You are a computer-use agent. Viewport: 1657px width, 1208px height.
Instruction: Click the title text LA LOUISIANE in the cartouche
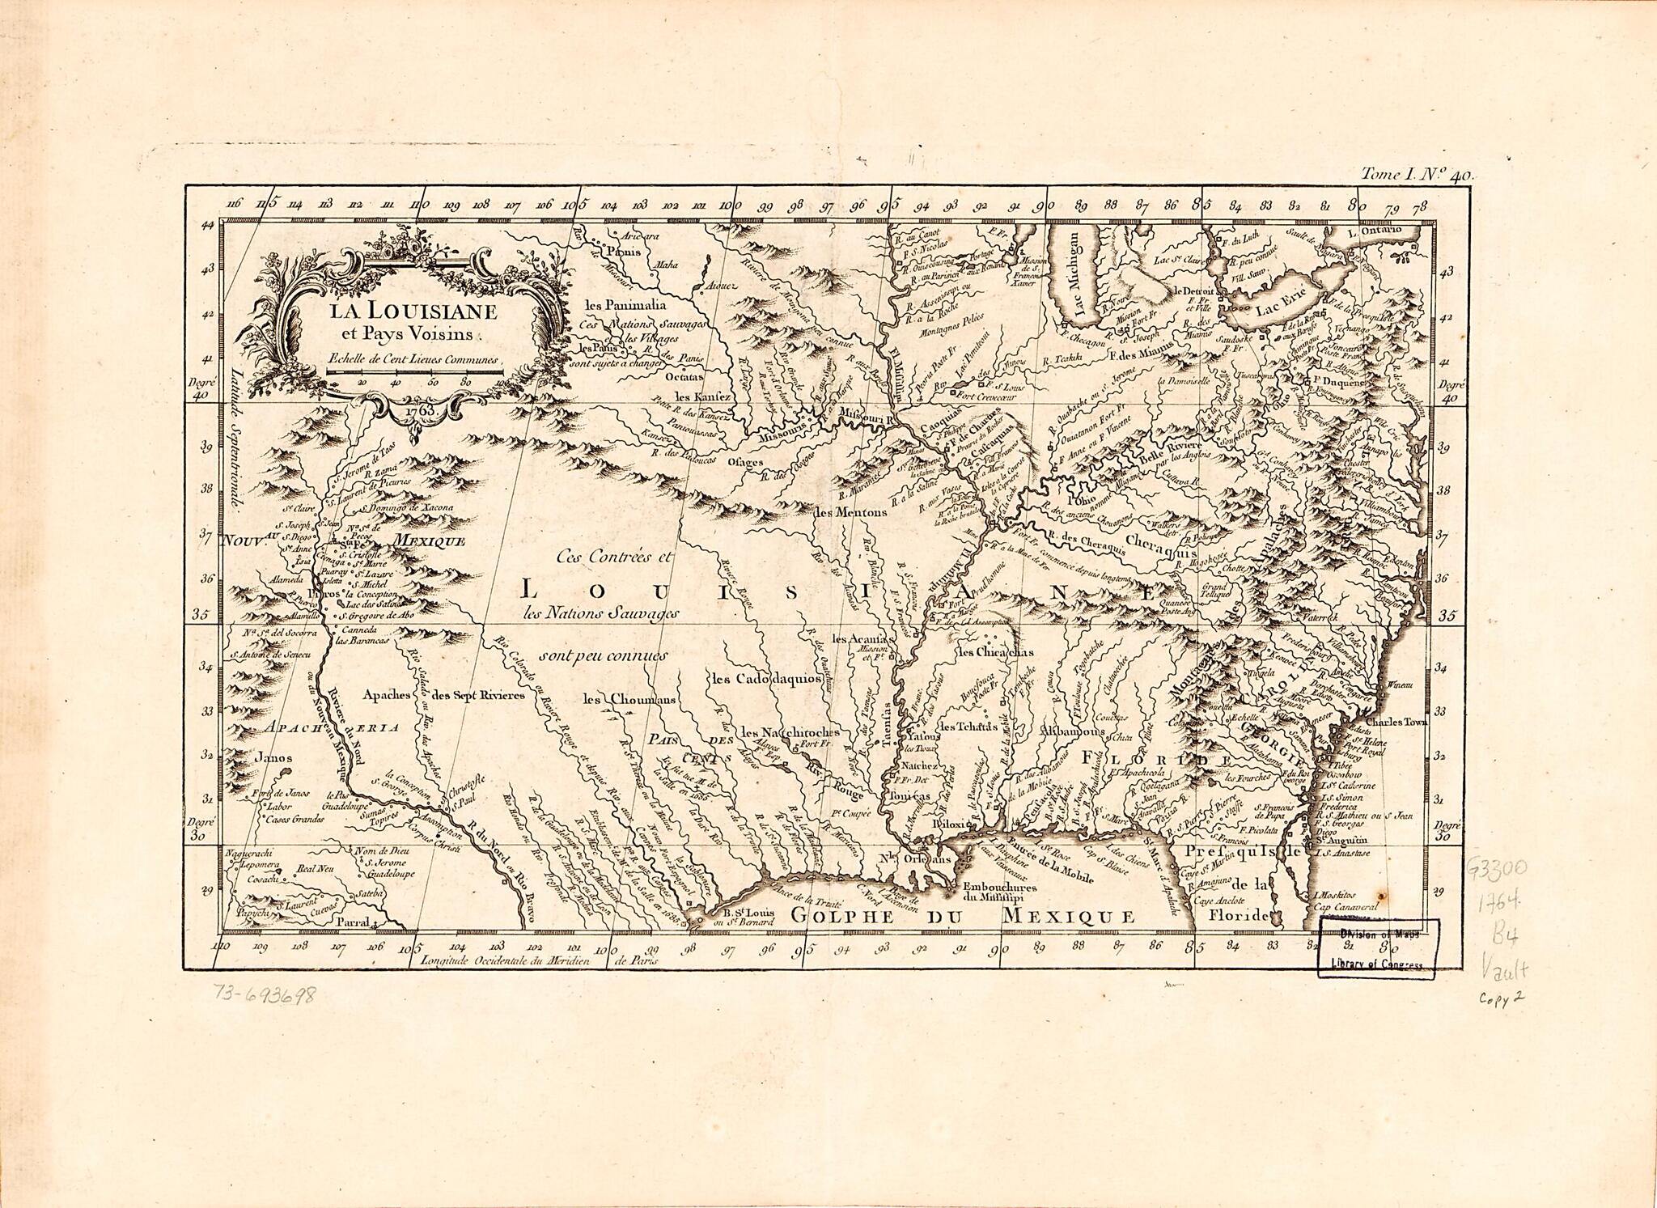(x=413, y=312)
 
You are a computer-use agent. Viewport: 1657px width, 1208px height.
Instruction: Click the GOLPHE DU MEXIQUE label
(x=963, y=917)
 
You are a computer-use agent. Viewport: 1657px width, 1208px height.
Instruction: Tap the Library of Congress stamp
(x=1375, y=948)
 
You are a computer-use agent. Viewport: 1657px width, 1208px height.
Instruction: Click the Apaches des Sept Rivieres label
(x=443, y=694)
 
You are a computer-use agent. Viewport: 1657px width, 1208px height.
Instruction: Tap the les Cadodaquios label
(x=767, y=679)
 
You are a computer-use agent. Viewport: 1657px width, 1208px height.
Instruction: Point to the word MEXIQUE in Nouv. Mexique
(x=429, y=541)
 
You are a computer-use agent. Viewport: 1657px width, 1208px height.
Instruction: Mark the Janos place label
(x=273, y=758)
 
